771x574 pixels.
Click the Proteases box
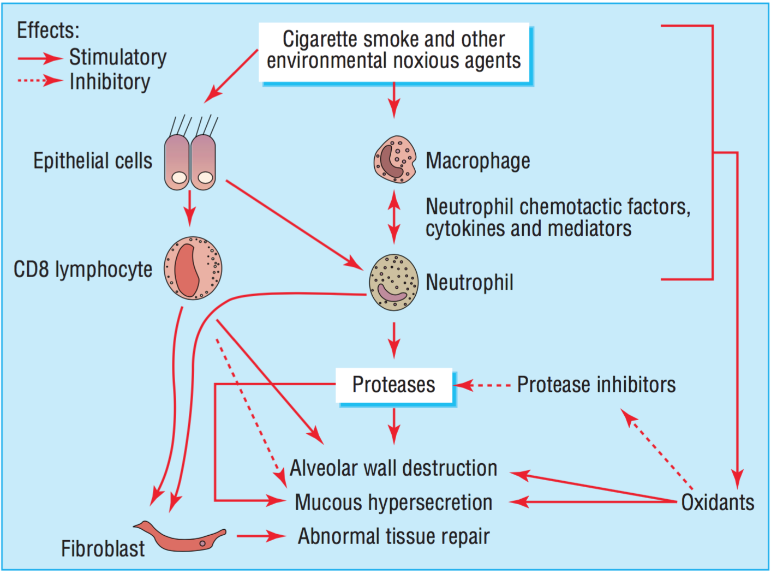coord(394,385)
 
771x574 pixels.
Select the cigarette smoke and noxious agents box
coord(394,51)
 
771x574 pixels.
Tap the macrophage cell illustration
coord(395,159)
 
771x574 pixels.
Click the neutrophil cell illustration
coord(394,283)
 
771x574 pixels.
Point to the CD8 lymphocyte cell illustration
coord(193,268)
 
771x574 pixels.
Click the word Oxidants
coord(718,503)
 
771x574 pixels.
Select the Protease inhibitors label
coord(596,385)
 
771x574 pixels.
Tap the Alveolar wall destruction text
coord(393,468)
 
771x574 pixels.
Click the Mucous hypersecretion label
coord(393,503)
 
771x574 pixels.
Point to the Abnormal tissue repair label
coord(393,536)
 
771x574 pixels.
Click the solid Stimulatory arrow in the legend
coord(40,58)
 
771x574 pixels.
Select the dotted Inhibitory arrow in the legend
coord(40,81)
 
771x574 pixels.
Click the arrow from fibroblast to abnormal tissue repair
coord(261,536)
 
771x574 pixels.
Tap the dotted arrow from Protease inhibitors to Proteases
coord(482,385)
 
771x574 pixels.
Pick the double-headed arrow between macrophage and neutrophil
coord(394,217)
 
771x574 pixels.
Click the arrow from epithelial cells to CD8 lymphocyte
coord(189,208)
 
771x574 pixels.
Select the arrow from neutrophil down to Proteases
coord(394,340)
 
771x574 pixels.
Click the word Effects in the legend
coord(48,31)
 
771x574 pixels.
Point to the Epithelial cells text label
coord(93,161)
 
